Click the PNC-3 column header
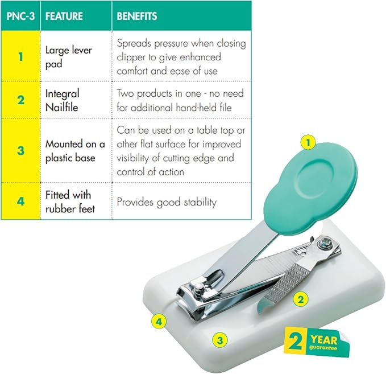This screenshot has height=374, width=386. coord(20,17)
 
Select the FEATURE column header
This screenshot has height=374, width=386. coord(64,17)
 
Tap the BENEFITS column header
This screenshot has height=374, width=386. coord(137,17)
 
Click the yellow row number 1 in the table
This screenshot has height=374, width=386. coord(20,57)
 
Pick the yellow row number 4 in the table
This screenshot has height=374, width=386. coord(20,201)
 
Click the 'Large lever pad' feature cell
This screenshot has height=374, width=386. coord(69,57)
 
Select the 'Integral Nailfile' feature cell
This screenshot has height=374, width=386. coord(63,100)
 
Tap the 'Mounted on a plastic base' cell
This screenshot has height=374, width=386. coord(75,151)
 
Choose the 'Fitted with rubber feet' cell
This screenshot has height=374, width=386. coord(70,202)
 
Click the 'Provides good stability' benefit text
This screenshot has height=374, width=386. coord(167,202)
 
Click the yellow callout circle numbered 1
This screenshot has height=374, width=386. coord(308,142)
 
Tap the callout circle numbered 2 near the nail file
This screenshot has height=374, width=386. coord(301,299)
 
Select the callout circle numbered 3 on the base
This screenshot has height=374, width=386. coord(220,340)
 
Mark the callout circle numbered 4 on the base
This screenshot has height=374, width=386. coord(159,322)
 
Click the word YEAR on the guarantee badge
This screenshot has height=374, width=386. coord(323,340)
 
